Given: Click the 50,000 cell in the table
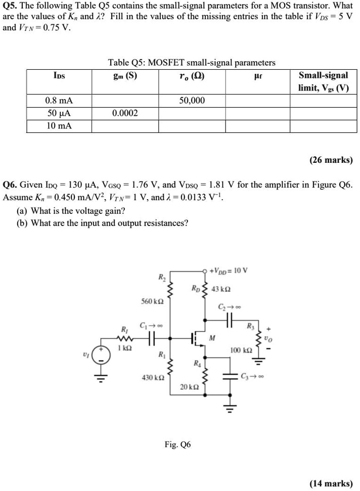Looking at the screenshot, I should tap(192, 101).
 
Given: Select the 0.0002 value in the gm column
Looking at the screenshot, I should tap(125, 113).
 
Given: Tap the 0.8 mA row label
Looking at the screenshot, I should tap(59, 101).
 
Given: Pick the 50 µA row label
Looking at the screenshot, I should tap(59, 113).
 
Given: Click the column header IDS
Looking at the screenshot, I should tap(59, 76).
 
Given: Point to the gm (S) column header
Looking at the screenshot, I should tap(125, 76).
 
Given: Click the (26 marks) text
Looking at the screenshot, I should tap(331, 160).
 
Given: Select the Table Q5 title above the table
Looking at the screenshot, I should tap(192, 63).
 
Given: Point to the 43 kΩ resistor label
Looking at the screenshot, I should tap(221, 289).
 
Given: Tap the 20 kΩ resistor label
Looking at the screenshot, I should tap(190, 387).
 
